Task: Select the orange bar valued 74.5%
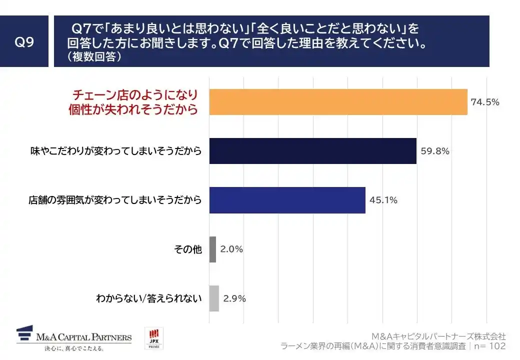point(338,102)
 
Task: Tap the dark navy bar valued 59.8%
point(312,151)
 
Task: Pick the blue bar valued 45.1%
point(287,200)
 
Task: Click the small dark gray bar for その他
point(212,249)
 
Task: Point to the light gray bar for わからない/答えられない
point(214,298)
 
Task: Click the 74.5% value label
point(484,102)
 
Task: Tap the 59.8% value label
point(434,151)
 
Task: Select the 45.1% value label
point(383,200)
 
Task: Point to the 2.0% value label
point(231,249)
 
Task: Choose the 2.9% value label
point(234,298)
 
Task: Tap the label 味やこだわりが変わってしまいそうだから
point(116,151)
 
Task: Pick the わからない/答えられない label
point(149,298)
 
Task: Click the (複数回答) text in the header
point(94,57)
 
